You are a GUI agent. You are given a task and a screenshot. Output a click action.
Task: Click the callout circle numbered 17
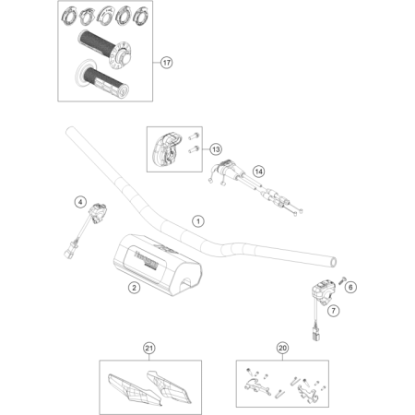click(x=166, y=64)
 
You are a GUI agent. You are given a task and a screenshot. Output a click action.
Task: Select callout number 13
click(x=215, y=148)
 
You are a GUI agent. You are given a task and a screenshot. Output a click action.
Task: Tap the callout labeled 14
click(x=258, y=172)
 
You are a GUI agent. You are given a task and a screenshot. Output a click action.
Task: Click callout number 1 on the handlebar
click(x=196, y=221)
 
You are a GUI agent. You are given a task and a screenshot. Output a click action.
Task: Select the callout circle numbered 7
click(x=334, y=311)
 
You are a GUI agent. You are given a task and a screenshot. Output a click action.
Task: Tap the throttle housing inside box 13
click(x=170, y=148)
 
